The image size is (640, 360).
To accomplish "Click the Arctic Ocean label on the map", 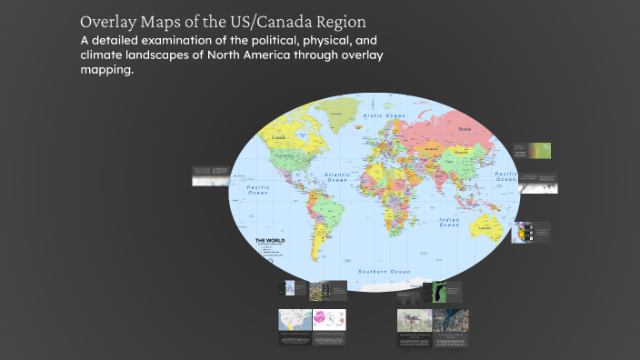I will [384, 116].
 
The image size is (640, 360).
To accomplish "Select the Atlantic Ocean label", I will [337, 177].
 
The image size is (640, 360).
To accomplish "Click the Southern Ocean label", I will [384, 272].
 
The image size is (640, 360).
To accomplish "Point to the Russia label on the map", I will [465, 129].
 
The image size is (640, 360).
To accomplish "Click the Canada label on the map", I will [278, 137].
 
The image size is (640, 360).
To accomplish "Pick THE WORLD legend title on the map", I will [270, 240].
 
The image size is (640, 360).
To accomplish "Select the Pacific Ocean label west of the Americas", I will [259, 189].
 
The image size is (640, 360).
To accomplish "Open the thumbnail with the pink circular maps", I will [330, 321].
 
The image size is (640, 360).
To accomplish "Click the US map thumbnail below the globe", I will [295, 321].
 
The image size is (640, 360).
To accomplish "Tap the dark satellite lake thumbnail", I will [438, 292].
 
